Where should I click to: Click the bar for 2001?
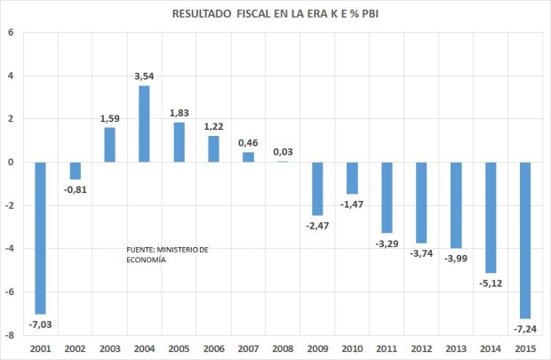(41, 237)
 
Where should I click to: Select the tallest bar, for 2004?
(144, 124)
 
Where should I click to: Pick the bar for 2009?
(317, 188)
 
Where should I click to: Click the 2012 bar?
(421, 202)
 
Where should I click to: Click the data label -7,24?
(524, 328)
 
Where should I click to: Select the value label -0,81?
(76, 189)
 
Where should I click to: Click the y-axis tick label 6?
(12, 33)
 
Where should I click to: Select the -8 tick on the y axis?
(10, 335)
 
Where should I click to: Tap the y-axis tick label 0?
(12, 163)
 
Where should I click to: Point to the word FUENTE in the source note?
(142, 250)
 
